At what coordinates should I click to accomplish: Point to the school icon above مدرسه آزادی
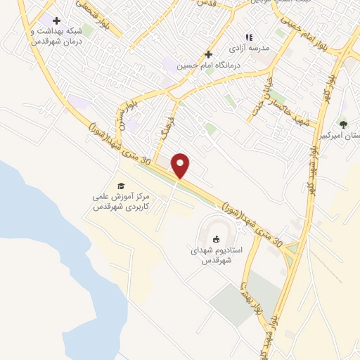tap(247, 37)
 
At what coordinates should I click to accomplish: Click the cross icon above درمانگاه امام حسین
tap(207, 54)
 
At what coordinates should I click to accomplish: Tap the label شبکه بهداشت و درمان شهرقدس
tap(56, 36)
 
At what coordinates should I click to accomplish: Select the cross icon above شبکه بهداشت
tap(56, 20)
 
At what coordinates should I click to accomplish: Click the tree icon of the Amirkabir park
tap(343, 124)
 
